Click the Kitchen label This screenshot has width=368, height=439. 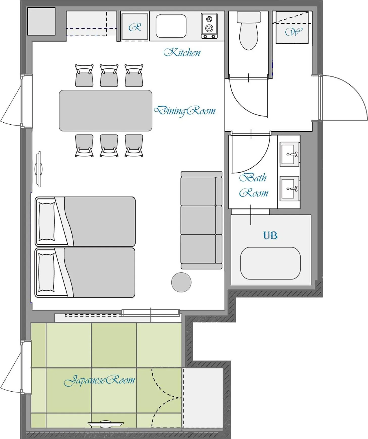point(182,52)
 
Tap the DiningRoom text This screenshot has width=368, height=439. point(185,111)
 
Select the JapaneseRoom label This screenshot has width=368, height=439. point(100,380)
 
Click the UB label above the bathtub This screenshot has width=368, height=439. point(270,235)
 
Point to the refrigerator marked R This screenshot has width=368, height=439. point(135,27)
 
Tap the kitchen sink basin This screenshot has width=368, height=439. point(171,26)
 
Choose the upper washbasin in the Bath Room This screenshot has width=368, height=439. point(289,154)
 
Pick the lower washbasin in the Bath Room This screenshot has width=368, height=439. point(289,188)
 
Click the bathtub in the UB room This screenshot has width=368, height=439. point(270,263)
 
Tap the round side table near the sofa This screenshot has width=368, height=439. point(181,282)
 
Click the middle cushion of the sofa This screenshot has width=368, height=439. point(199,220)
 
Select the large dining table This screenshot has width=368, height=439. point(106,111)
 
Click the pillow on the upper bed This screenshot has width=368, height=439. point(46,221)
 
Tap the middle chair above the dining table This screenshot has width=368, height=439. point(109,76)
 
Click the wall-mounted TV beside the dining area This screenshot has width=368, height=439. point(39,169)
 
